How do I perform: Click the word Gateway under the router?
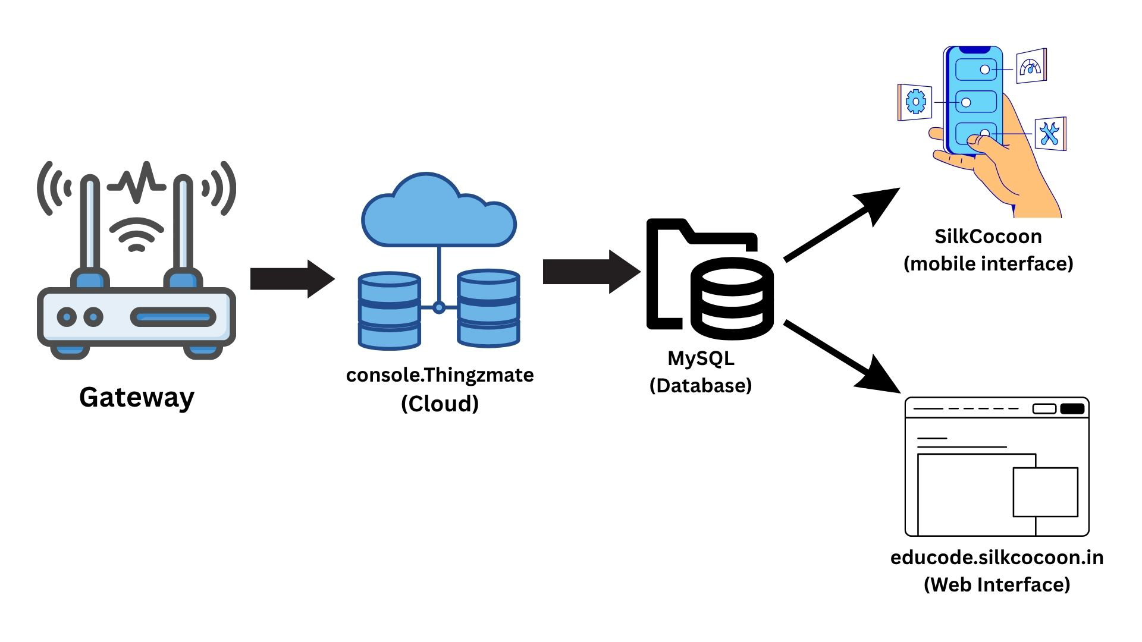coord(137,397)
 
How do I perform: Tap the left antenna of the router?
coord(90,226)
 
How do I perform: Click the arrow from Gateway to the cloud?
coord(291,278)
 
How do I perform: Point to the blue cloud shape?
coord(438,214)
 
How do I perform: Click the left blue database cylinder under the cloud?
coord(390,310)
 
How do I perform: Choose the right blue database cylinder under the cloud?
coord(488,308)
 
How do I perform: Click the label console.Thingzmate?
coord(440,375)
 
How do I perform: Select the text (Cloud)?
coord(440,404)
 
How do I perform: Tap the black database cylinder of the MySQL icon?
coord(732,298)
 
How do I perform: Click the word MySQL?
coord(701,358)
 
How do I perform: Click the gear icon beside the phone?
coord(915,102)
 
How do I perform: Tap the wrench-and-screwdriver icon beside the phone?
coord(1050,134)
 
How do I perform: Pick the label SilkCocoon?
coord(988,237)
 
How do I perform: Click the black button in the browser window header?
coord(1072,408)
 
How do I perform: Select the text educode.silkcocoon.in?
coord(997,558)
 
